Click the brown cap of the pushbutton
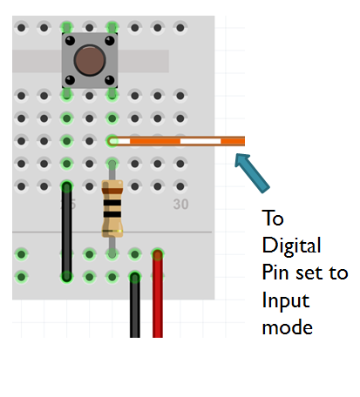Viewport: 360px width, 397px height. point(88,60)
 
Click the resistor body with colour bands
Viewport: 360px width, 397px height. point(112,209)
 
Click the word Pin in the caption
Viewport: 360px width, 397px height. point(275,273)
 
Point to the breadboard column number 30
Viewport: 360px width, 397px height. point(180,205)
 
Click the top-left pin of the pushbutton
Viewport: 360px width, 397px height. point(68,40)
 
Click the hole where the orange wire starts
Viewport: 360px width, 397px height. point(112,140)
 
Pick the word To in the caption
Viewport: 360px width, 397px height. point(273,217)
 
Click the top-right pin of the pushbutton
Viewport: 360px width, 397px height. point(109,40)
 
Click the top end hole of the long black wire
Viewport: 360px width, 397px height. point(66,185)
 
